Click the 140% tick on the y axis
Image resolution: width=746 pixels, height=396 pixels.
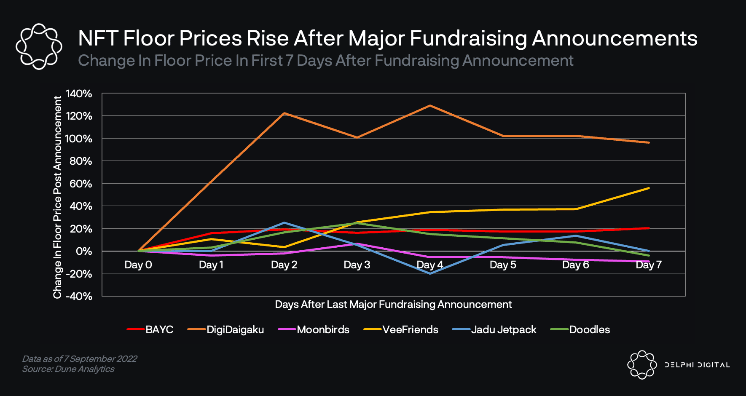coord(79,94)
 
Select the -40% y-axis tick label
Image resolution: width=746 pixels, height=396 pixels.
coord(79,296)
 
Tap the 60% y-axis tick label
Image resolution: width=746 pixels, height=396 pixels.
coord(81,184)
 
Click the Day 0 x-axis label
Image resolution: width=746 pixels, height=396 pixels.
coord(138,265)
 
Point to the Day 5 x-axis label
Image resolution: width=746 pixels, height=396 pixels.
coord(503,265)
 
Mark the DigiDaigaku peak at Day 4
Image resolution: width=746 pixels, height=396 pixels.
coord(430,105)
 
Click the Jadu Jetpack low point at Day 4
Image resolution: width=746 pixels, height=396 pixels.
coord(430,273)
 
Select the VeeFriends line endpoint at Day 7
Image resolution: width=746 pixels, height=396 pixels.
coord(649,188)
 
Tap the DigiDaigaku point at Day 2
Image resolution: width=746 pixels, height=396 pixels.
coord(284,113)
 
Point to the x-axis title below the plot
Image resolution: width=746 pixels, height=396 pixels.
coord(393,305)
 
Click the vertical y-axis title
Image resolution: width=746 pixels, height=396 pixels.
coord(57,197)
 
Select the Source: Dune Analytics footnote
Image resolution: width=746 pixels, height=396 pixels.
coord(68,369)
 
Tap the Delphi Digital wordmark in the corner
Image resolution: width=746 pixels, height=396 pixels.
coord(697,365)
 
